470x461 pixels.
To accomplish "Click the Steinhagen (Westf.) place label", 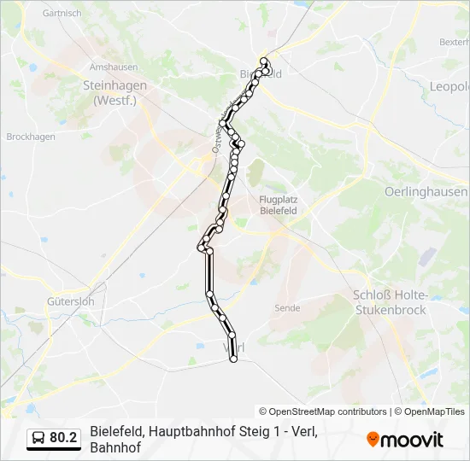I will click(115, 91).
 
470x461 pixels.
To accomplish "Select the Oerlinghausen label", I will click(426, 191).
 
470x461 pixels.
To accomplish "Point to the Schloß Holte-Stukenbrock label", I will click(389, 302).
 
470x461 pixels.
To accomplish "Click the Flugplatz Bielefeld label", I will click(278, 204).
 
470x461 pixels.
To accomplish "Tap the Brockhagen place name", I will click(31, 137).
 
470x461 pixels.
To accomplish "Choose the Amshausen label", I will click(114, 67).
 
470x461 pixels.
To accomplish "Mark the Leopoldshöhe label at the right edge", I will click(449, 86).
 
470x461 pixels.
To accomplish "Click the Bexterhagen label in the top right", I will click(454, 41).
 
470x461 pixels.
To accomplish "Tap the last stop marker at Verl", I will click(233, 359).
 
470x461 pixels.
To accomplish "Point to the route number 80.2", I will click(63, 438).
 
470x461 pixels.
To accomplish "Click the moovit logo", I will click(405, 440).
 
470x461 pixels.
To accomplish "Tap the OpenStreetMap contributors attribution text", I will click(323, 411).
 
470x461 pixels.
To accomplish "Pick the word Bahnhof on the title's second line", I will click(115, 447).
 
